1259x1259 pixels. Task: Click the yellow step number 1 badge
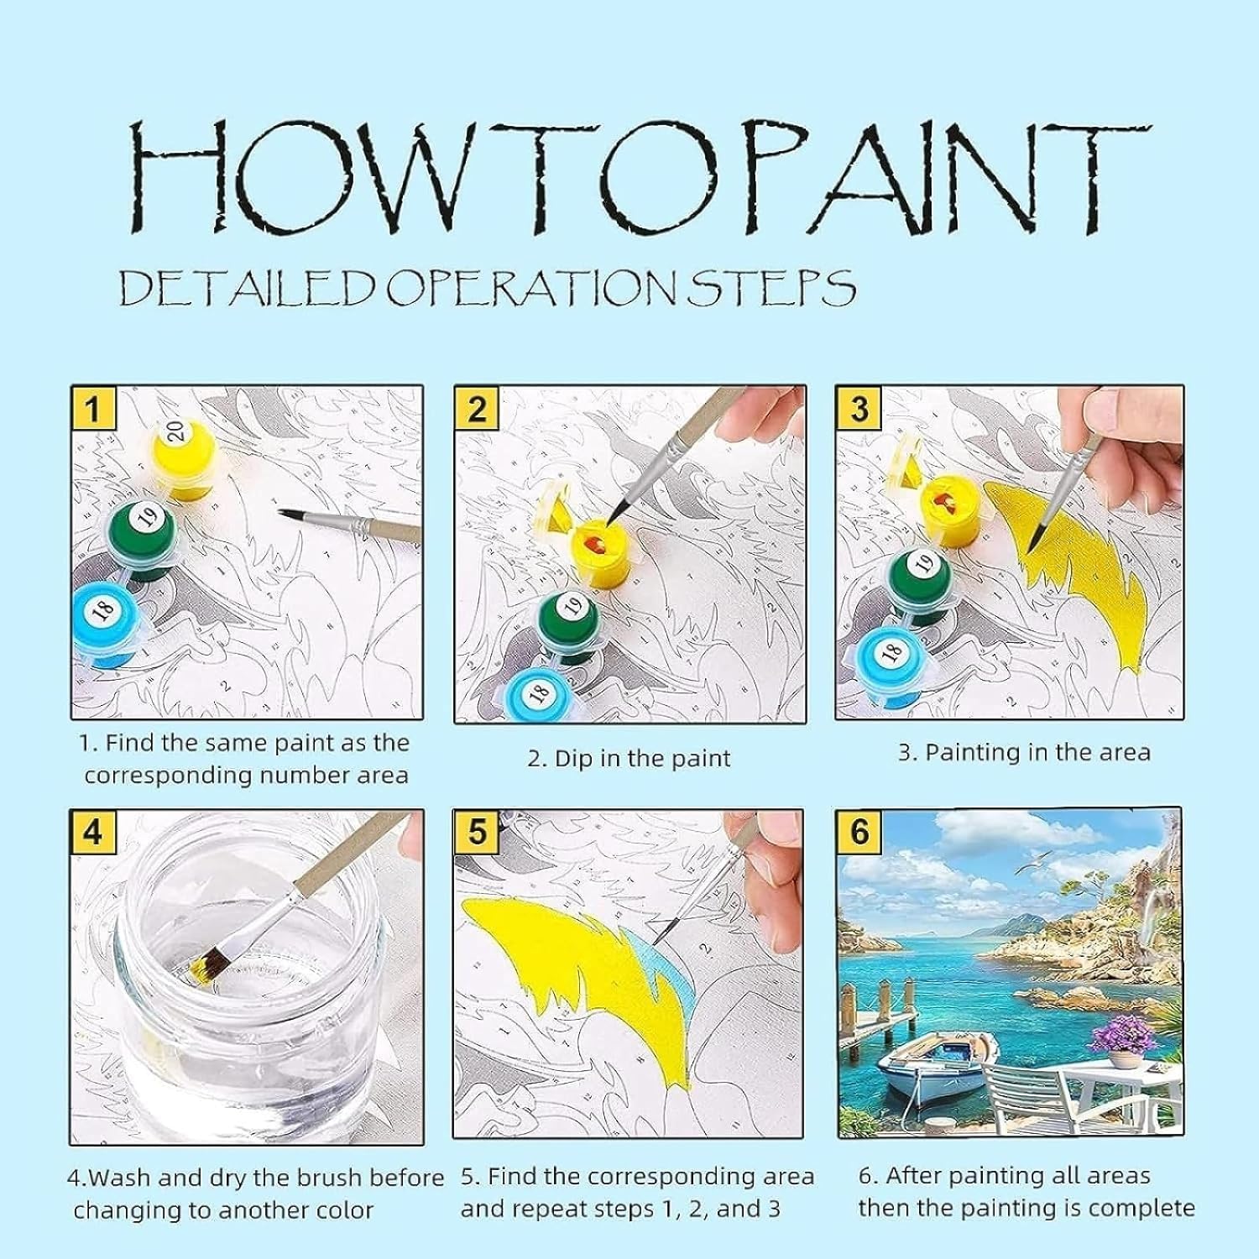pyautogui.click(x=92, y=409)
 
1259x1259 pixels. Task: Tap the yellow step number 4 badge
pyautogui.click(x=92, y=832)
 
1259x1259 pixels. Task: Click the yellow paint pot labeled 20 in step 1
pyautogui.click(x=182, y=450)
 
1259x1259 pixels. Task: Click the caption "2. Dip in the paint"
pyautogui.click(x=629, y=759)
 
